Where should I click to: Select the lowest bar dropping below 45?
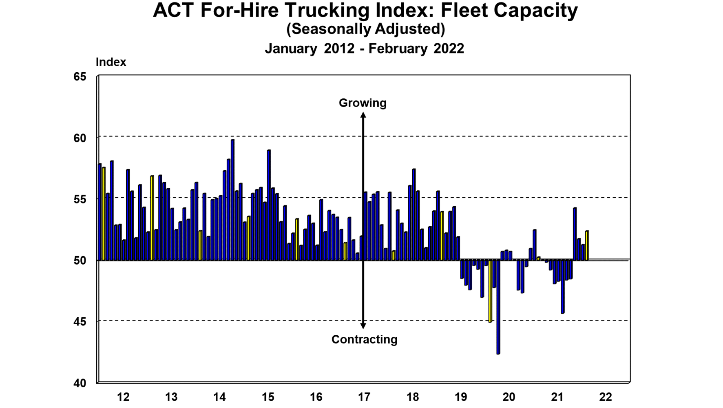(498, 306)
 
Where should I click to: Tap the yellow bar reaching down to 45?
(490, 291)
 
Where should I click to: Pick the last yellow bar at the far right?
(587, 245)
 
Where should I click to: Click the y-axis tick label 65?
(80, 77)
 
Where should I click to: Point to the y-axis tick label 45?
(80, 322)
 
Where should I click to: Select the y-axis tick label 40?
(80, 383)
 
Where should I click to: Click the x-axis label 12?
(123, 397)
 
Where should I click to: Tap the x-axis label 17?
(364, 397)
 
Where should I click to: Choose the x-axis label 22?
(606, 397)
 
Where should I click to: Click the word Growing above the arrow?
(363, 103)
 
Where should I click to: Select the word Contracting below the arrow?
(364, 339)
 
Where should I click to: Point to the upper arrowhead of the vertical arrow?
(363, 116)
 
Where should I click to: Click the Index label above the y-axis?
(111, 62)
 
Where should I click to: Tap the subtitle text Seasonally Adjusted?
(365, 29)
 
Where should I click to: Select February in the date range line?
(398, 49)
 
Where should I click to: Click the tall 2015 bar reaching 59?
(269, 205)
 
